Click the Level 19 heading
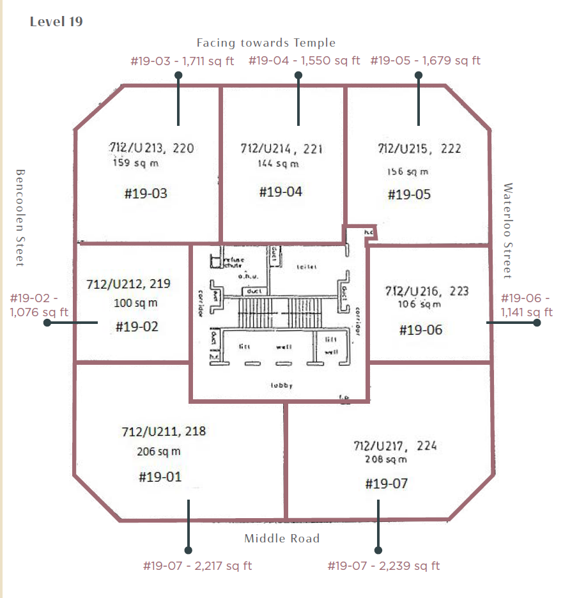(56, 22)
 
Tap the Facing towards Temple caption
(266, 43)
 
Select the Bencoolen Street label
(20, 218)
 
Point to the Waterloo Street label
(508, 231)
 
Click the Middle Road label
(282, 539)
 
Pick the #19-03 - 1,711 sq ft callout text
(182, 61)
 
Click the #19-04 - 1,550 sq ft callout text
(304, 61)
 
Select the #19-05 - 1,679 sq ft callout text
(425, 61)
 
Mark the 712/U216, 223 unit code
(427, 291)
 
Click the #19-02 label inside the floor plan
(137, 326)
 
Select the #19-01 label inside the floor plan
(160, 477)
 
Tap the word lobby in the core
(281, 386)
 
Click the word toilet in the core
(307, 266)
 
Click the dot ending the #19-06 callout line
(537, 323)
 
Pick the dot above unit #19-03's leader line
(178, 75)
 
